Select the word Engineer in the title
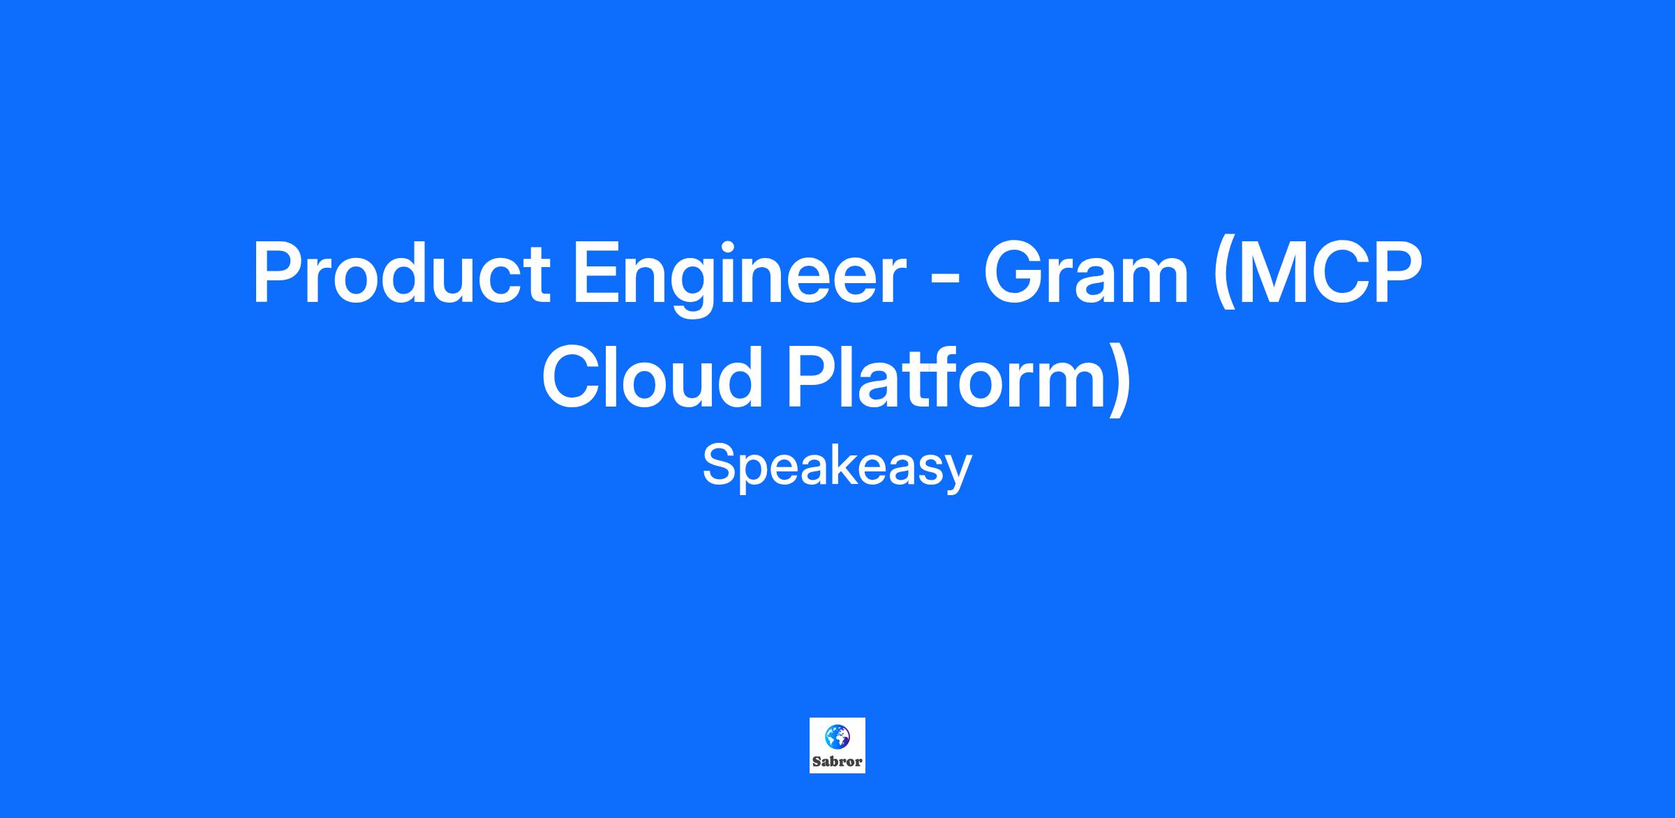(739, 278)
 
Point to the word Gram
(1086, 273)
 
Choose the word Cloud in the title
(652, 377)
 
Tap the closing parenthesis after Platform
(1118, 381)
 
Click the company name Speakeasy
(837, 468)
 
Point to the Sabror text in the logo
(837, 762)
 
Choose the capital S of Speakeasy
(719, 466)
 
